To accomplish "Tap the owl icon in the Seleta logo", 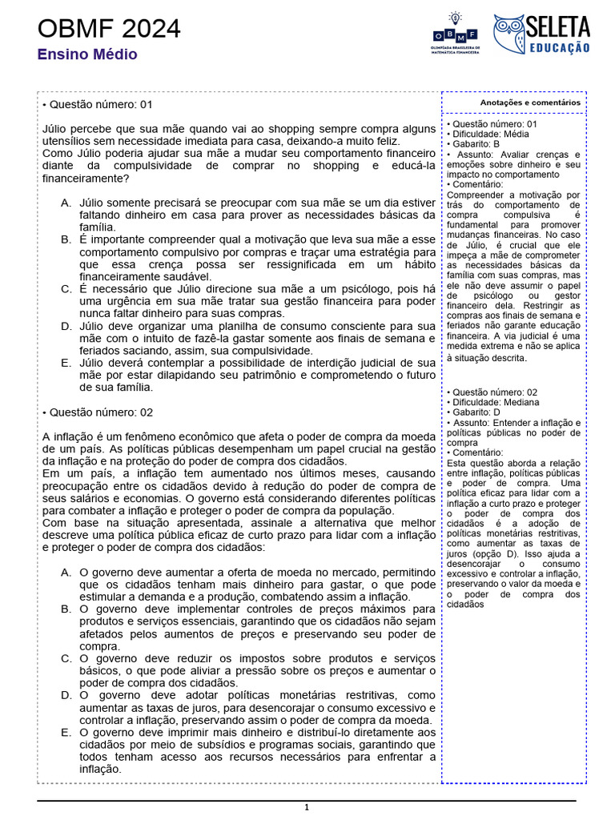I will click(508, 34).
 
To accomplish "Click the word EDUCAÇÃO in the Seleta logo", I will click(559, 48).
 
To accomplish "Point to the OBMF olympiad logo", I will click(455, 34).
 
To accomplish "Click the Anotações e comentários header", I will click(530, 102).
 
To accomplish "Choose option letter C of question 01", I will click(66, 288).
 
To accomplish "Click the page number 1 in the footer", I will click(306, 808).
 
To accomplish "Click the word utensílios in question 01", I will click(67, 140).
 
